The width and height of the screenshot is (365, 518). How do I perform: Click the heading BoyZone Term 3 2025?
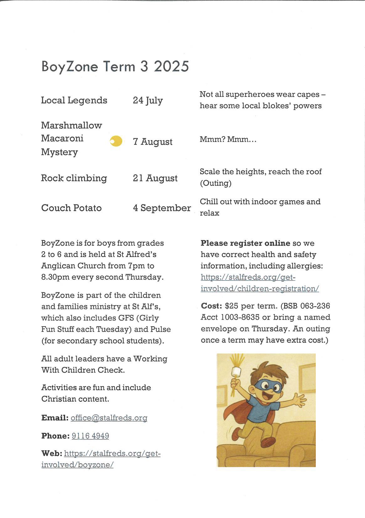(x=115, y=66)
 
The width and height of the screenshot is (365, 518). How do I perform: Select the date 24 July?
(x=148, y=101)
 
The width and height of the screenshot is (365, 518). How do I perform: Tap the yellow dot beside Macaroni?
(x=116, y=141)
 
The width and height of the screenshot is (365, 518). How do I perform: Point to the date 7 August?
(x=153, y=142)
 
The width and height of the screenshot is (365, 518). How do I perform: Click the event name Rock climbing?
(x=74, y=178)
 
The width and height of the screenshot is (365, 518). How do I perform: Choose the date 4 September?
(x=162, y=208)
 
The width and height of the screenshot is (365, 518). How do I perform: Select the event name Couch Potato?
(x=71, y=208)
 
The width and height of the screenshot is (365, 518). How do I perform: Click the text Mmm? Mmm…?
(x=228, y=139)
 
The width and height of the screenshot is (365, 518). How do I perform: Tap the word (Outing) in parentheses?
(x=216, y=183)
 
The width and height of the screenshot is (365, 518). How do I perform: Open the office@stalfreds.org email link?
(x=109, y=418)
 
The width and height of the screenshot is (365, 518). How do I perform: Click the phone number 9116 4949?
(x=90, y=436)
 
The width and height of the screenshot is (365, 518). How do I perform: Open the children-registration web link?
(x=259, y=283)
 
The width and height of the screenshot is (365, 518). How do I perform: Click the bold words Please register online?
(x=245, y=243)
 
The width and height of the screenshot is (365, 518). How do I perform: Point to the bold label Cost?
(x=211, y=306)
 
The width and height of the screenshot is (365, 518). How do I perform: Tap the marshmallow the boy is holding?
(x=236, y=372)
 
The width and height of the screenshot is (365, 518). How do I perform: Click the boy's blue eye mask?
(x=268, y=386)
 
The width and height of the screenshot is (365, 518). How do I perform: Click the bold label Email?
(x=55, y=418)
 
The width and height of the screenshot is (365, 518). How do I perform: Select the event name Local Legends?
(x=74, y=100)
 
